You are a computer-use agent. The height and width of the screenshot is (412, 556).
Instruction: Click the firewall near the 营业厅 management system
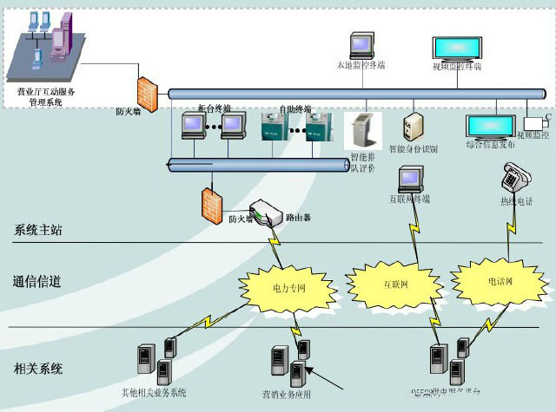click(x=145, y=92)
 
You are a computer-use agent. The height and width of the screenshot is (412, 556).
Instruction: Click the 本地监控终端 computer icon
click(x=361, y=46)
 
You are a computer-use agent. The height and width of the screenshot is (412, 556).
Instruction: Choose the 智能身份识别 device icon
click(x=414, y=127)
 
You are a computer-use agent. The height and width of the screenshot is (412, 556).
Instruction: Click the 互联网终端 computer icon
click(x=409, y=179)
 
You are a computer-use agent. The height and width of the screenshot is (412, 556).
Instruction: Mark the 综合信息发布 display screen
click(x=492, y=127)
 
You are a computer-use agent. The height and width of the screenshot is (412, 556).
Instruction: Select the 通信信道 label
click(x=38, y=281)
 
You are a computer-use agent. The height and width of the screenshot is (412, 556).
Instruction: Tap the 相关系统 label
click(x=38, y=369)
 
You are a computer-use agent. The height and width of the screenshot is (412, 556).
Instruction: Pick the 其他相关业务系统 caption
click(x=154, y=395)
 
